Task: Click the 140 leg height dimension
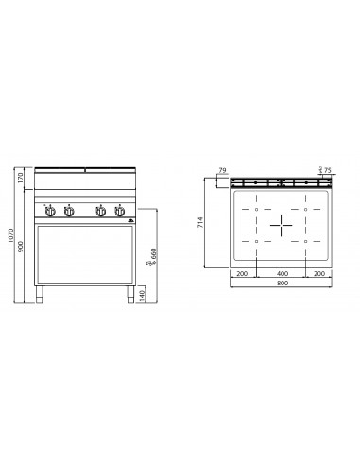coord(142,295)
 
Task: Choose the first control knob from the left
coord(51,211)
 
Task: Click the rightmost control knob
coord(118,211)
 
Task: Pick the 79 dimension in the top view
coord(222,172)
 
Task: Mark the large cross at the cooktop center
coord(281,225)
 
